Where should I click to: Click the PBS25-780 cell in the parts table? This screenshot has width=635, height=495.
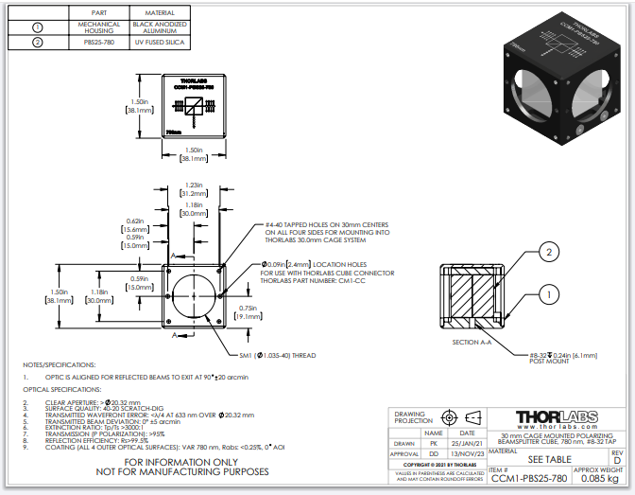coord(100,43)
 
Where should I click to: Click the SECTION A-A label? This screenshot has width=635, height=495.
coord(473,342)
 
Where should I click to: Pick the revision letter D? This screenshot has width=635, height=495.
coord(617,460)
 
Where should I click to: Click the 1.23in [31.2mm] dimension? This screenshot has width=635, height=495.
coord(193,189)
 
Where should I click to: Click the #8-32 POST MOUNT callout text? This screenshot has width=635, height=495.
coord(552,358)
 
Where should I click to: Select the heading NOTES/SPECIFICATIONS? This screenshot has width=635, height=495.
coord(60,363)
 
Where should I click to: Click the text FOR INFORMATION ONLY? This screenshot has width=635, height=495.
coord(190,462)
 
